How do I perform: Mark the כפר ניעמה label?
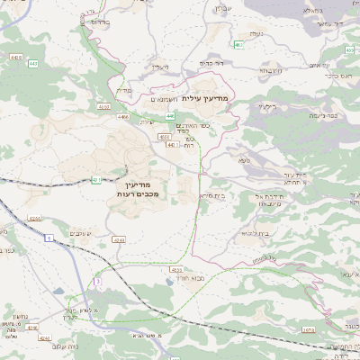click(328, 114)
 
